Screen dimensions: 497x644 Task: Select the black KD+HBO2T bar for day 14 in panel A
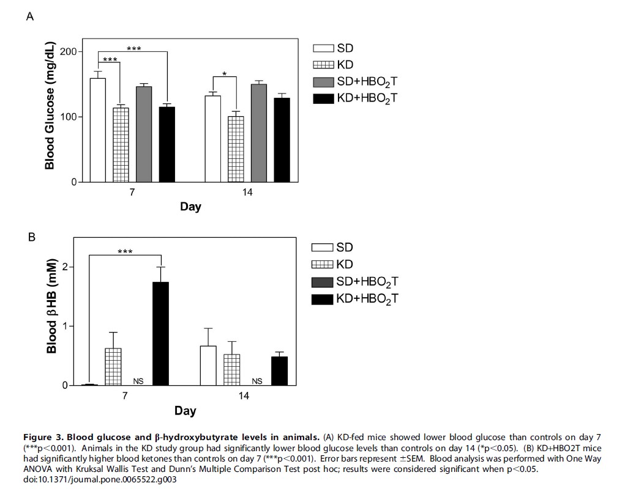[282, 140]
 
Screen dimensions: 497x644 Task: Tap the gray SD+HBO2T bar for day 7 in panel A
[144, 134]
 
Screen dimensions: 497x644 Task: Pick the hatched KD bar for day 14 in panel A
[236, 149]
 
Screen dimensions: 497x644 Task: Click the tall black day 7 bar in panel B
[160, 333]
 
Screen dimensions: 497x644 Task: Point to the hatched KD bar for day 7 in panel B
[113, 367]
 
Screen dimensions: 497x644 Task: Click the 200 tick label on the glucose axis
[69, 51]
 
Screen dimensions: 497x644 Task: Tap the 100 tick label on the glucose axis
[69, 117]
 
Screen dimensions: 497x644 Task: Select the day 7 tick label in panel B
[125, 396]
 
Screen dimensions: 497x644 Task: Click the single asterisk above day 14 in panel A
[225, 75]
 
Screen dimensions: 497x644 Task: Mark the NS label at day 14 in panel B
[257, 381]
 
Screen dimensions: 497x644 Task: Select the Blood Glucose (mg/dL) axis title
[50, 106]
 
